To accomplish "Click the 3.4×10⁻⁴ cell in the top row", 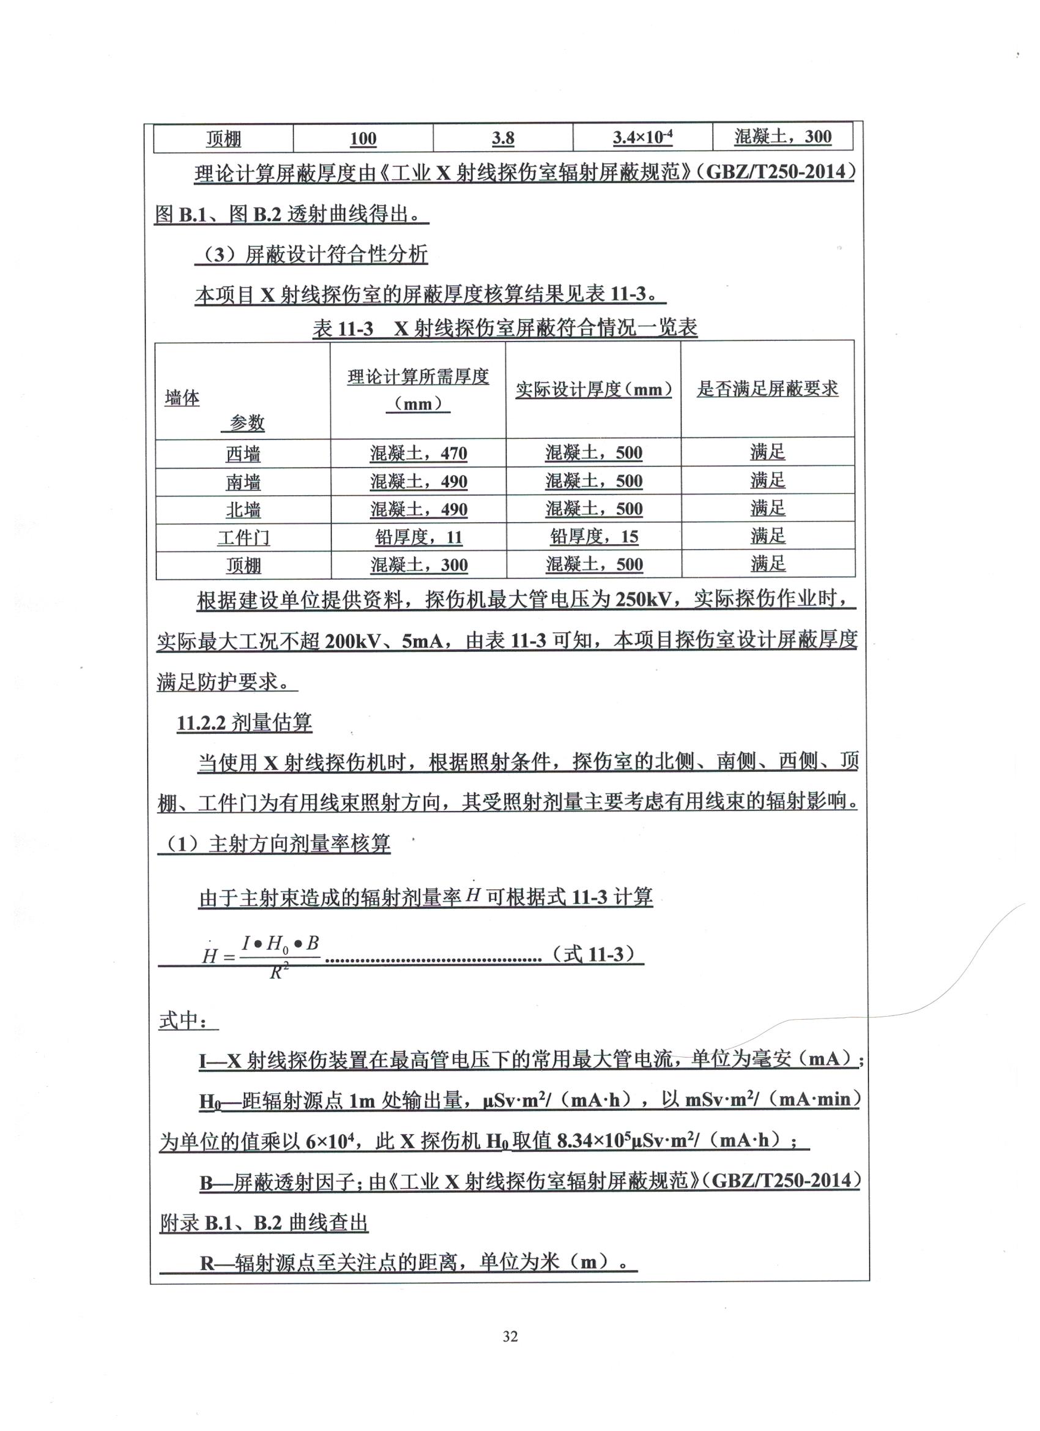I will click(x=642, y=138).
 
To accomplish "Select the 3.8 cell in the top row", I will click(x=503, y=138).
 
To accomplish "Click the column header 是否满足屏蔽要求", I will click(x=767, y=389).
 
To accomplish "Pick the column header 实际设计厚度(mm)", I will click(x=593, y=390).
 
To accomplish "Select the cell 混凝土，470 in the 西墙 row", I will click(x=418, y=453).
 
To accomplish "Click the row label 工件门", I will click(x=243, y=537).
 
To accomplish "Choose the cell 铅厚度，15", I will click(x=593, y=537).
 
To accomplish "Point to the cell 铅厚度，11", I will click(x=418, y=537).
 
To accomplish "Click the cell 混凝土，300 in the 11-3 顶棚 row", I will click(x=418, y=565).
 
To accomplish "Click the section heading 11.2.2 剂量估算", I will click(x=244, y=723).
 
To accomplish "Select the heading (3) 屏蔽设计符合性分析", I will click(x=312, y=255).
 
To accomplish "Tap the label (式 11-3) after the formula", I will click(x=593, y=954).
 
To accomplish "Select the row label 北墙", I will click(x=243, y=509).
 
